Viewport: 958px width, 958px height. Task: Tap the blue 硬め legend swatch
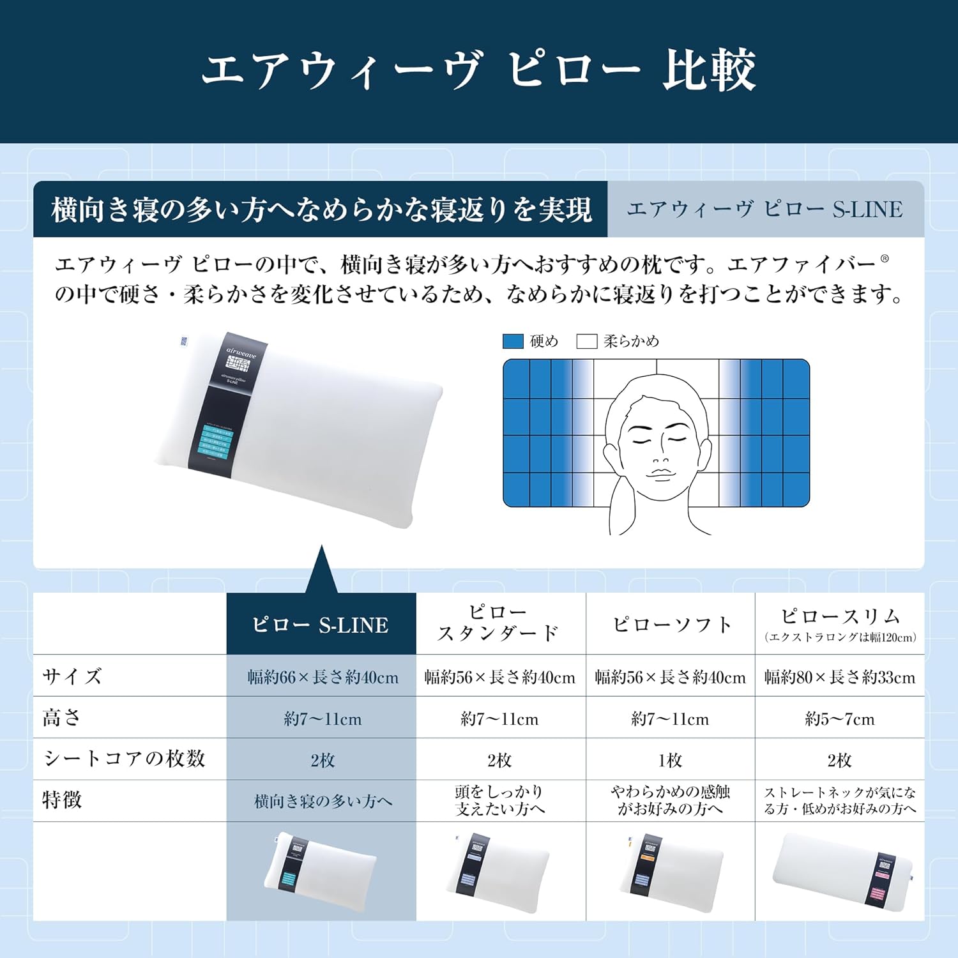tap(513, 341)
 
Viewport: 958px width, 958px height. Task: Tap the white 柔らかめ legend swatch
tap(586, 341)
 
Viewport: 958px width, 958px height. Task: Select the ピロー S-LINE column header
tap(321, 624)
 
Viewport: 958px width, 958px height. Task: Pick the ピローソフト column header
tap(671, 624)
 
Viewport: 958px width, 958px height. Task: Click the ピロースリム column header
tap(840, 623)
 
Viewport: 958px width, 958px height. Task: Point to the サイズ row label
tap(72, 676)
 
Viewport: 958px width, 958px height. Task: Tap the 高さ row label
tap(62, 717)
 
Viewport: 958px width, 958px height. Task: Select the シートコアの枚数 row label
tap(125, 758)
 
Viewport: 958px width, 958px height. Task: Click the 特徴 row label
tap(62, 800)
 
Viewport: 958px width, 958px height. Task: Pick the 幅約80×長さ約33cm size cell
tap(840, 677)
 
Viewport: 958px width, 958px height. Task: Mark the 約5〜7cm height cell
tap(840, 718)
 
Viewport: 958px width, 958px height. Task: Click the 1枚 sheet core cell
tap(671, 760)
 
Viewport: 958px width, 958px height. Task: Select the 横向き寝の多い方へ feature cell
tap(323, 801)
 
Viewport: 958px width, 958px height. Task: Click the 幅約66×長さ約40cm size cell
tap(323, 677)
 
